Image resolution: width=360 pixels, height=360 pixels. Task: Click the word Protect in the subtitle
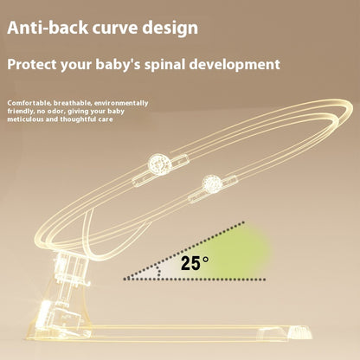pos(35,65)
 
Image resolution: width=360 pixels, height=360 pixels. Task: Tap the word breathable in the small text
pos(70,103)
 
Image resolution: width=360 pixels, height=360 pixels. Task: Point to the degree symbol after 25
pos(205,259)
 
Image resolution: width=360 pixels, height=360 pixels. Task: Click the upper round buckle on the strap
pos(159,164)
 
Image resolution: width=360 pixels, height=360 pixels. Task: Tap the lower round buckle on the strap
pos(210,183)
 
